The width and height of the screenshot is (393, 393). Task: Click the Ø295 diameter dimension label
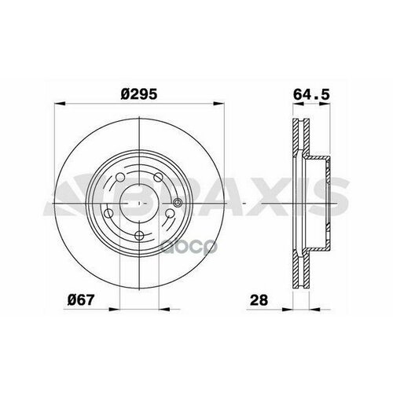(139, 94)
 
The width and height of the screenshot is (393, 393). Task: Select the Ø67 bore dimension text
(80, 299)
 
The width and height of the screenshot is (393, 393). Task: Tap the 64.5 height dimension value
(311, 94)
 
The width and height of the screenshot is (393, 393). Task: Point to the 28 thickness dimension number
(259, 300)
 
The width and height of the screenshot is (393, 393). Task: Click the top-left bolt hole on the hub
(120, 178)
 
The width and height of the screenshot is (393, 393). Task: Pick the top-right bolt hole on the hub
(158, 178)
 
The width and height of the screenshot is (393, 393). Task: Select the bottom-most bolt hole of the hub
(140, 235)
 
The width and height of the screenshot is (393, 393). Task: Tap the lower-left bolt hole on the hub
(108, 214)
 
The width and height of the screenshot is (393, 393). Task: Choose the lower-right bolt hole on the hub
(171, 214)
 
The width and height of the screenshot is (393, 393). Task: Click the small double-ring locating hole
(178, 202)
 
